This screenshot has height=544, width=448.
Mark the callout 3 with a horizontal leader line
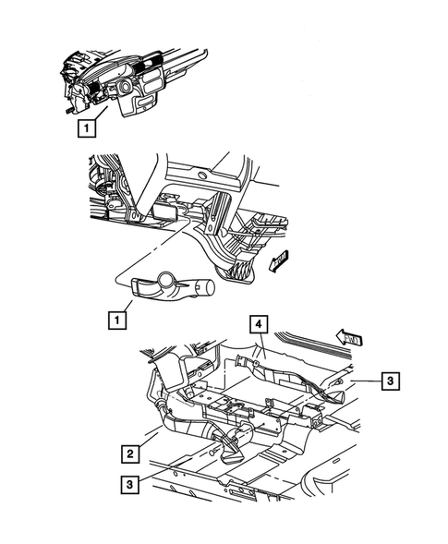click(392, 380)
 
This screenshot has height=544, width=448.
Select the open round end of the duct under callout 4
click(245, 362)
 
